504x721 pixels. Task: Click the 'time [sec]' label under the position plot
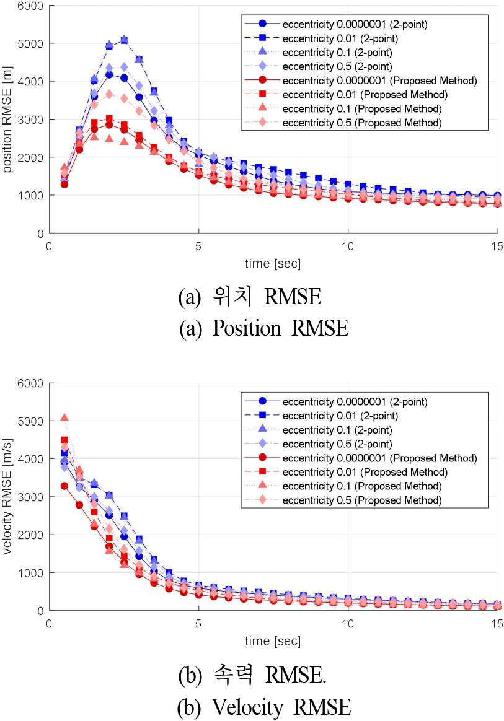[273, 263]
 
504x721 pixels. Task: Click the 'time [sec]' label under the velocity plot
[273, 640]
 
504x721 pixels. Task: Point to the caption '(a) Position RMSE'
[263, 328]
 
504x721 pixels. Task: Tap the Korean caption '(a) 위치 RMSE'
[250, 297]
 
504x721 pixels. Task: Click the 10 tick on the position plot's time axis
[348, 246]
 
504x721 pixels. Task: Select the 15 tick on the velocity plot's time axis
[497, 623]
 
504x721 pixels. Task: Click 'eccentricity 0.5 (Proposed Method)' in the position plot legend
[362, 123]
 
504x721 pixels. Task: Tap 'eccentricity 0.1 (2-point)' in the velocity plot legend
[335, 430]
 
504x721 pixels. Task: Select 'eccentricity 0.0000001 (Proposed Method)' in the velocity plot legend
[379, 458]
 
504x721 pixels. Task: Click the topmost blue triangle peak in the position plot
[124, 40]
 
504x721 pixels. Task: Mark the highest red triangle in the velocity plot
[64, 418]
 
